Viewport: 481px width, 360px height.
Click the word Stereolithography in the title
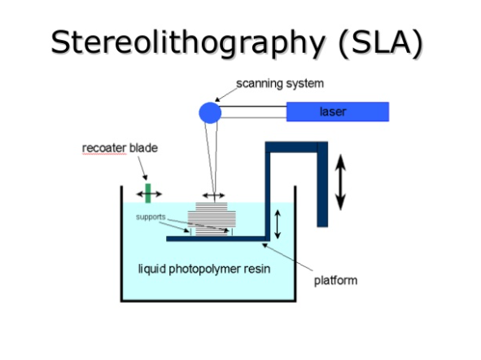[188, 42]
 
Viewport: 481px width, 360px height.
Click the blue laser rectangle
[338, 112]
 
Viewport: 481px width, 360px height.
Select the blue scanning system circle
[210, 113]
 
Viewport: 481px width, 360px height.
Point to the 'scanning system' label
[280, 83]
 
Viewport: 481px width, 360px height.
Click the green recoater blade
[148, 193]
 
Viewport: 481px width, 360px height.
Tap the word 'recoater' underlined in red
[104, 148]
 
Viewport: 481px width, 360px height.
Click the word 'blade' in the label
[143, 147]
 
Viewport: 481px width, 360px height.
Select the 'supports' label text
[151, 217]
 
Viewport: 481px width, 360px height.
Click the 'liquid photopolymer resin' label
[204, 269]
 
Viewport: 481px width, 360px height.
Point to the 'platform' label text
[335, 280]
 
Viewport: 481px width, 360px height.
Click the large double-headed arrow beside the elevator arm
[340, 182]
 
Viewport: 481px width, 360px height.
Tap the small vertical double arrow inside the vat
[278, 224]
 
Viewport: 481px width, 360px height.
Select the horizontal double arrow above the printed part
[214, 195]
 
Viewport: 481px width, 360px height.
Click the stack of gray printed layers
[212, 219]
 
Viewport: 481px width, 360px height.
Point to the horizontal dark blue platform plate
[216, 239]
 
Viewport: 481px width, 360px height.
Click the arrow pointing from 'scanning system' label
[225, 94]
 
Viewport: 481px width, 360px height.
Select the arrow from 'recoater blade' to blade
[142, 168]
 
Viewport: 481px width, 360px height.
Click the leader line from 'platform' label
[287, 257]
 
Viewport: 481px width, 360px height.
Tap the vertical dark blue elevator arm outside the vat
[322, 184]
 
